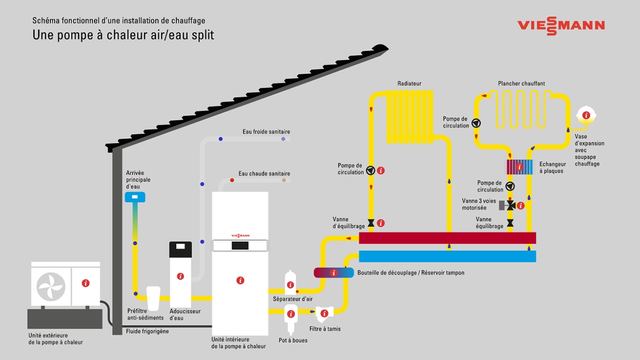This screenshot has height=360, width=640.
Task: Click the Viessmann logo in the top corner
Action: coord(561,25)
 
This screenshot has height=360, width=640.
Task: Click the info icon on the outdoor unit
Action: coord(85,283)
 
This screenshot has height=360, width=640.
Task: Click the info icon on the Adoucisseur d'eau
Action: coord(180,276)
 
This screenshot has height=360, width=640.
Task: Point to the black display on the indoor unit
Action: coord(240,245)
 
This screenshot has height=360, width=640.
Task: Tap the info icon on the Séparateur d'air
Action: coord(290,285)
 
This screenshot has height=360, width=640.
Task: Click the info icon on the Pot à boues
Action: coord(290,314)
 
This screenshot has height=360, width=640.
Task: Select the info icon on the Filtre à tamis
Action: coord(324,313)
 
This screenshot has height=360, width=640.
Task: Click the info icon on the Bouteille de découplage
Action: coord(333,272)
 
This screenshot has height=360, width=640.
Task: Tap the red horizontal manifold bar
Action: coord(447,238)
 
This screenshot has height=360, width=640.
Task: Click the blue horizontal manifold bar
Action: coord(447,256)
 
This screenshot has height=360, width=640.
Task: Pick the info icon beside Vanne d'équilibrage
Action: coord(380,223)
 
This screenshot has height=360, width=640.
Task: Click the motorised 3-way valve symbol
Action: coord(510,205)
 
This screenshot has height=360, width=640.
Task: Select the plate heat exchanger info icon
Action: coord(520,167)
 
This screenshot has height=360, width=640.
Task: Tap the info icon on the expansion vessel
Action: coord(586,115)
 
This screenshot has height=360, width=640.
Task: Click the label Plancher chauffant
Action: coord(521,83)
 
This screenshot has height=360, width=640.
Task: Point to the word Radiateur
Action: coord(409,83)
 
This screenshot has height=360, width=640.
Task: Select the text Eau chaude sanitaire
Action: coord(264,173)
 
